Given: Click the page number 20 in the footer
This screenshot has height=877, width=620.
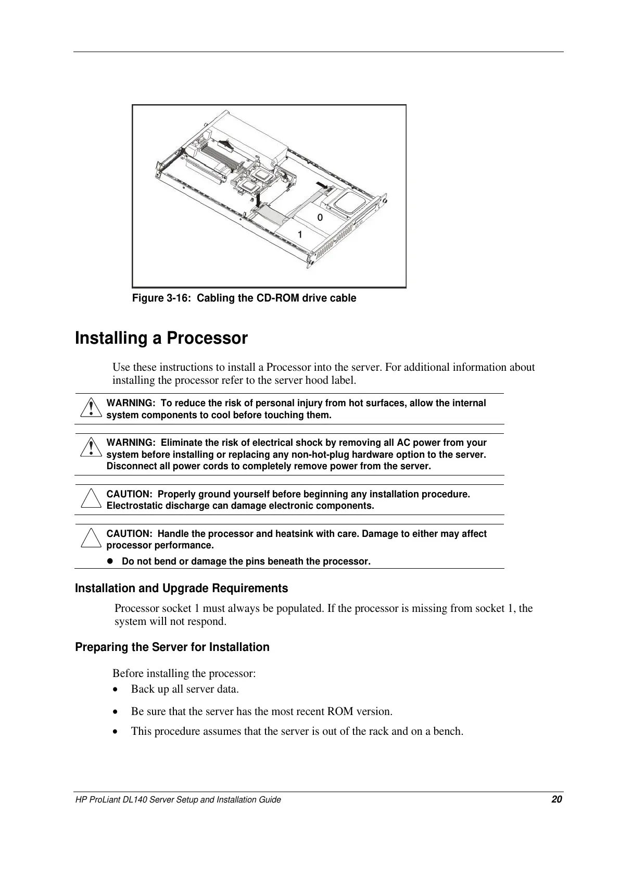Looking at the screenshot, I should coord(556,799).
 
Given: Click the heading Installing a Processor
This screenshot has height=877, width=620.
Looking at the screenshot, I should coord(161,339).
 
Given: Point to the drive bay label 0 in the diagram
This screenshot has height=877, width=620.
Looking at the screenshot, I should coord(320,217).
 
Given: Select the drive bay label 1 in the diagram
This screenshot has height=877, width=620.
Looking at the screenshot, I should coord(300,234).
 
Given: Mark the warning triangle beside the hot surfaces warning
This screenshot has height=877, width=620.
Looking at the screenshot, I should coord(91,408).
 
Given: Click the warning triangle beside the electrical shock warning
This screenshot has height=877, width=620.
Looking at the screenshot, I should coord(91,448).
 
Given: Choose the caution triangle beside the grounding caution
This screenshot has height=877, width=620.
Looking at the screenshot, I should coord(91,499).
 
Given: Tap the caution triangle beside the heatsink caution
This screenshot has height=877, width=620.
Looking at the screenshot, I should coord(91,538).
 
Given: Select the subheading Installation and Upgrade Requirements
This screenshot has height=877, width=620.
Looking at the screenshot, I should coord(181,588).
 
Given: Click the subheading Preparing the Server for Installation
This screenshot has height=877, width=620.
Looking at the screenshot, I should coord(172,647).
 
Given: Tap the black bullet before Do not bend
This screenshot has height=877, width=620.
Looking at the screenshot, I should coord(110,561).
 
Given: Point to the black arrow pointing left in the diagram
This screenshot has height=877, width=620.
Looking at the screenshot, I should coord(322,186).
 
